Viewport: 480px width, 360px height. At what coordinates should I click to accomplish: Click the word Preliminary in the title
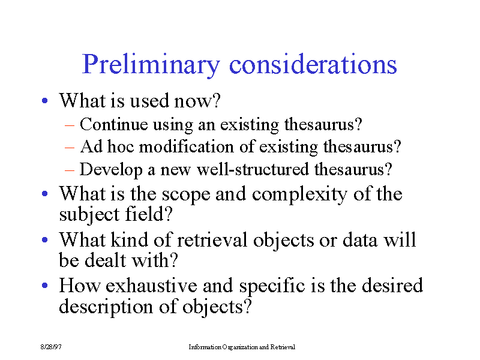point(151,65)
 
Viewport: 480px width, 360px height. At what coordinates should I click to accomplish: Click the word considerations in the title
point(313,64)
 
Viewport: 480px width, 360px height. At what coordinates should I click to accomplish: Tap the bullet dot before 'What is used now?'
point(44,100)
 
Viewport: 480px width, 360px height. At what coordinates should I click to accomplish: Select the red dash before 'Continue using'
point(70,125)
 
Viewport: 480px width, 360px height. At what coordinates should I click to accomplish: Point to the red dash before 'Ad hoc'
point(70,147)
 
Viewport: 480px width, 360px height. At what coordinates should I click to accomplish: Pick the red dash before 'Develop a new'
point(70,170)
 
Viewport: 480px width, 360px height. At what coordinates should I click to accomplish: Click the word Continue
point(114,124)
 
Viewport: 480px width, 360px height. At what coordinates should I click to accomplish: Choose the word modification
point(187,146)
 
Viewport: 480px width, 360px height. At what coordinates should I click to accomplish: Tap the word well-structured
point(253,169)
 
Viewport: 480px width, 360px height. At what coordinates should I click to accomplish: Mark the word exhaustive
point(152,286)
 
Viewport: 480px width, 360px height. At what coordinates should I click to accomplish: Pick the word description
point(106,307)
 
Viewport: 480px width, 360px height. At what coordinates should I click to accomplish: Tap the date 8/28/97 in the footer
point(51,347)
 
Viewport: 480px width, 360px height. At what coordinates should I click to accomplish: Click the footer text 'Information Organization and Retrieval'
point(242,347)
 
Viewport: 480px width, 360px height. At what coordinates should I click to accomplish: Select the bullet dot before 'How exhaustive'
point(44,286)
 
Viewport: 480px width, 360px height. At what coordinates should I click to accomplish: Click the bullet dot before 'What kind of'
point(44,239)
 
